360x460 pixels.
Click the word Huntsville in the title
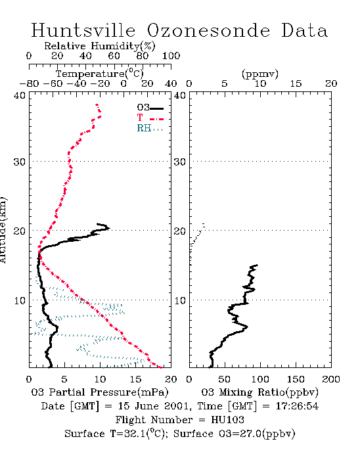point(83,30)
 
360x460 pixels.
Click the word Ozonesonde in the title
point(208,30)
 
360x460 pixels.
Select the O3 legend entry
point(150,108)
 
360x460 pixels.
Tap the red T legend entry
point(150,118)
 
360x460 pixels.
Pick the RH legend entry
point(150,128)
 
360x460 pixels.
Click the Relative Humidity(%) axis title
point(100,46)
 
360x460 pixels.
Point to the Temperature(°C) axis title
point(100,74)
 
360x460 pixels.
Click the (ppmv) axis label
point(260,74)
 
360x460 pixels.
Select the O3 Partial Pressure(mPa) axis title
point(100,392)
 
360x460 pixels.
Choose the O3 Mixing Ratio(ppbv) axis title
point(259,392)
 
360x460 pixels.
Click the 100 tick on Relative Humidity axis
point(171,56)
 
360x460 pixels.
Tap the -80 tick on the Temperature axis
point(29,83)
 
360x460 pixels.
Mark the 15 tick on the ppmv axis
point(296,83)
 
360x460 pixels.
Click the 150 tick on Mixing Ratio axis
point(296,379)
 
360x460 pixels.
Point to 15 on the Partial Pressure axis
point(135,379)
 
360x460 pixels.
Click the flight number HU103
point(227,420)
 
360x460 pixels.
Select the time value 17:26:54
point(297,406)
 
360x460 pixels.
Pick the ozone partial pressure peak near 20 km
point(109,228)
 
